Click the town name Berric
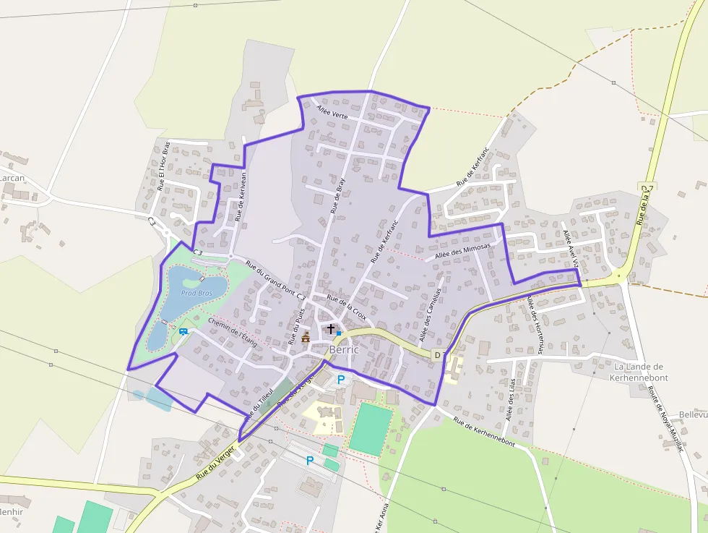(344, 350)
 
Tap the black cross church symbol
(331, 329)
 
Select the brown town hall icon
(306, 337)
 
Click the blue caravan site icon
(184, 331)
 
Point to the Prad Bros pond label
(197, 293)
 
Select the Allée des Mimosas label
(463, 251)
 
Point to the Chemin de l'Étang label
(232, 332)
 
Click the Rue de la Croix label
(347, 307)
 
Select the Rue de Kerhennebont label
(484, 431)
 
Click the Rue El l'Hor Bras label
(164, 166)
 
